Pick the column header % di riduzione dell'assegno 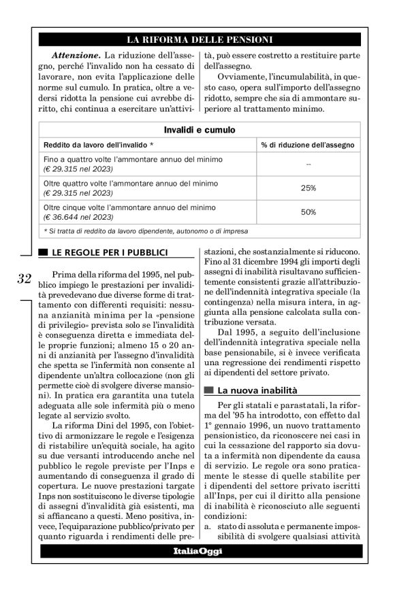click(308, 145)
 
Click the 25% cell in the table click(309, 188)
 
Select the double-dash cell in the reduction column click(309, 164)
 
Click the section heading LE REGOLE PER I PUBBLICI click(110, 253)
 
